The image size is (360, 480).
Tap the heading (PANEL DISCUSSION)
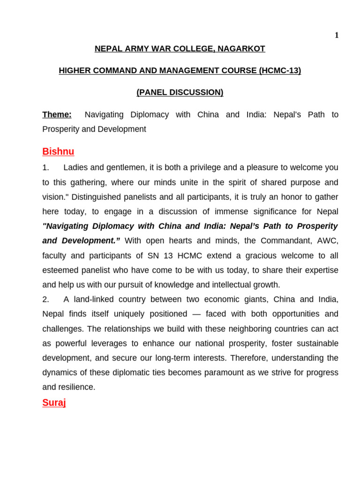[180, 92]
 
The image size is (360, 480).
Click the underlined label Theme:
[57, 114]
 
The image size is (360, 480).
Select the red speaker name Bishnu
[58, 151]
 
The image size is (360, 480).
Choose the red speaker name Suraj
[54, 402]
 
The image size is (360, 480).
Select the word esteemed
[58, 270]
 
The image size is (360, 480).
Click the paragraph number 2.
[45, 300]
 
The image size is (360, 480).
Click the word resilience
[76, 387]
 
